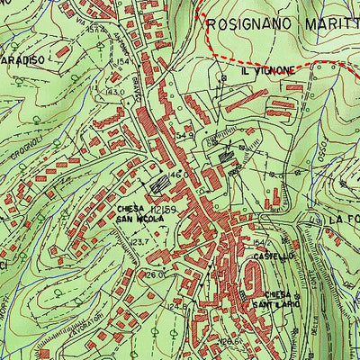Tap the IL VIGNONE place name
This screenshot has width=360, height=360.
(267, 70)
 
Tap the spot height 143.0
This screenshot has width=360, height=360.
(114, 92)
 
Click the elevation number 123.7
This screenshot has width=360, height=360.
(139, 243)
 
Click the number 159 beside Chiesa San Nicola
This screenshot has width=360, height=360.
(170, 207)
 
